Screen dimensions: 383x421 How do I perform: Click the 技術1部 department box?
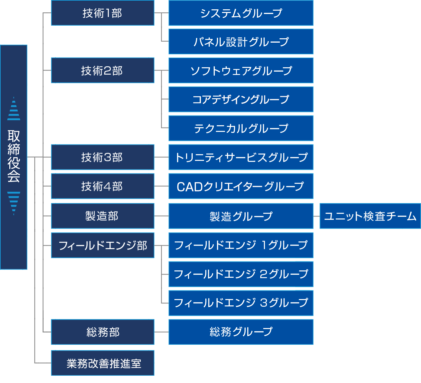pos(103,13)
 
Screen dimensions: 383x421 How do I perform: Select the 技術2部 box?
pos(103,70)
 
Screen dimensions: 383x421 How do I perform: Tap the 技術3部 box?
pos(103,157)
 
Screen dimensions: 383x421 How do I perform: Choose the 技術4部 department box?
pos(103,186)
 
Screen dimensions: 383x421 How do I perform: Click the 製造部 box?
pos(103,216)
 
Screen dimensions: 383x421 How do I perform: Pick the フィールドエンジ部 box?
pos(103,245)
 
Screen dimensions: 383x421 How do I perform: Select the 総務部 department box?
pos(103,332)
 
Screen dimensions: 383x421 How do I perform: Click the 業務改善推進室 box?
pos(103,363)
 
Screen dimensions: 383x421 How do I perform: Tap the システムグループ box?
pos(241,13)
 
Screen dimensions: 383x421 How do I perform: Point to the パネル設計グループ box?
pos(241,42)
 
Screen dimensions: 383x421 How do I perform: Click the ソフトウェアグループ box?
pos(241,70)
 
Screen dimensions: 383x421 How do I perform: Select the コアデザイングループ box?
pos(241,99)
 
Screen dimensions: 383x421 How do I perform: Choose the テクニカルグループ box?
pos(241,128)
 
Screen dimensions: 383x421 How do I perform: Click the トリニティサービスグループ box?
pos(241,157)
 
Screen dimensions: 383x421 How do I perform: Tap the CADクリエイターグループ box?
pos(241,186)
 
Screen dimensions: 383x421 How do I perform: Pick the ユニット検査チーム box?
pos(370,216)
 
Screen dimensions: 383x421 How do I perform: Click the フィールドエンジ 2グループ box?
pos(241,274)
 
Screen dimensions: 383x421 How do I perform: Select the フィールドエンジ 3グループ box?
pos(241,303)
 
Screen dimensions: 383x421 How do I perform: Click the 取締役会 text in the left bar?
pos(14,156)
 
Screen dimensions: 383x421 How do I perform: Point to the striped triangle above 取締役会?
pos(14,109)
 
